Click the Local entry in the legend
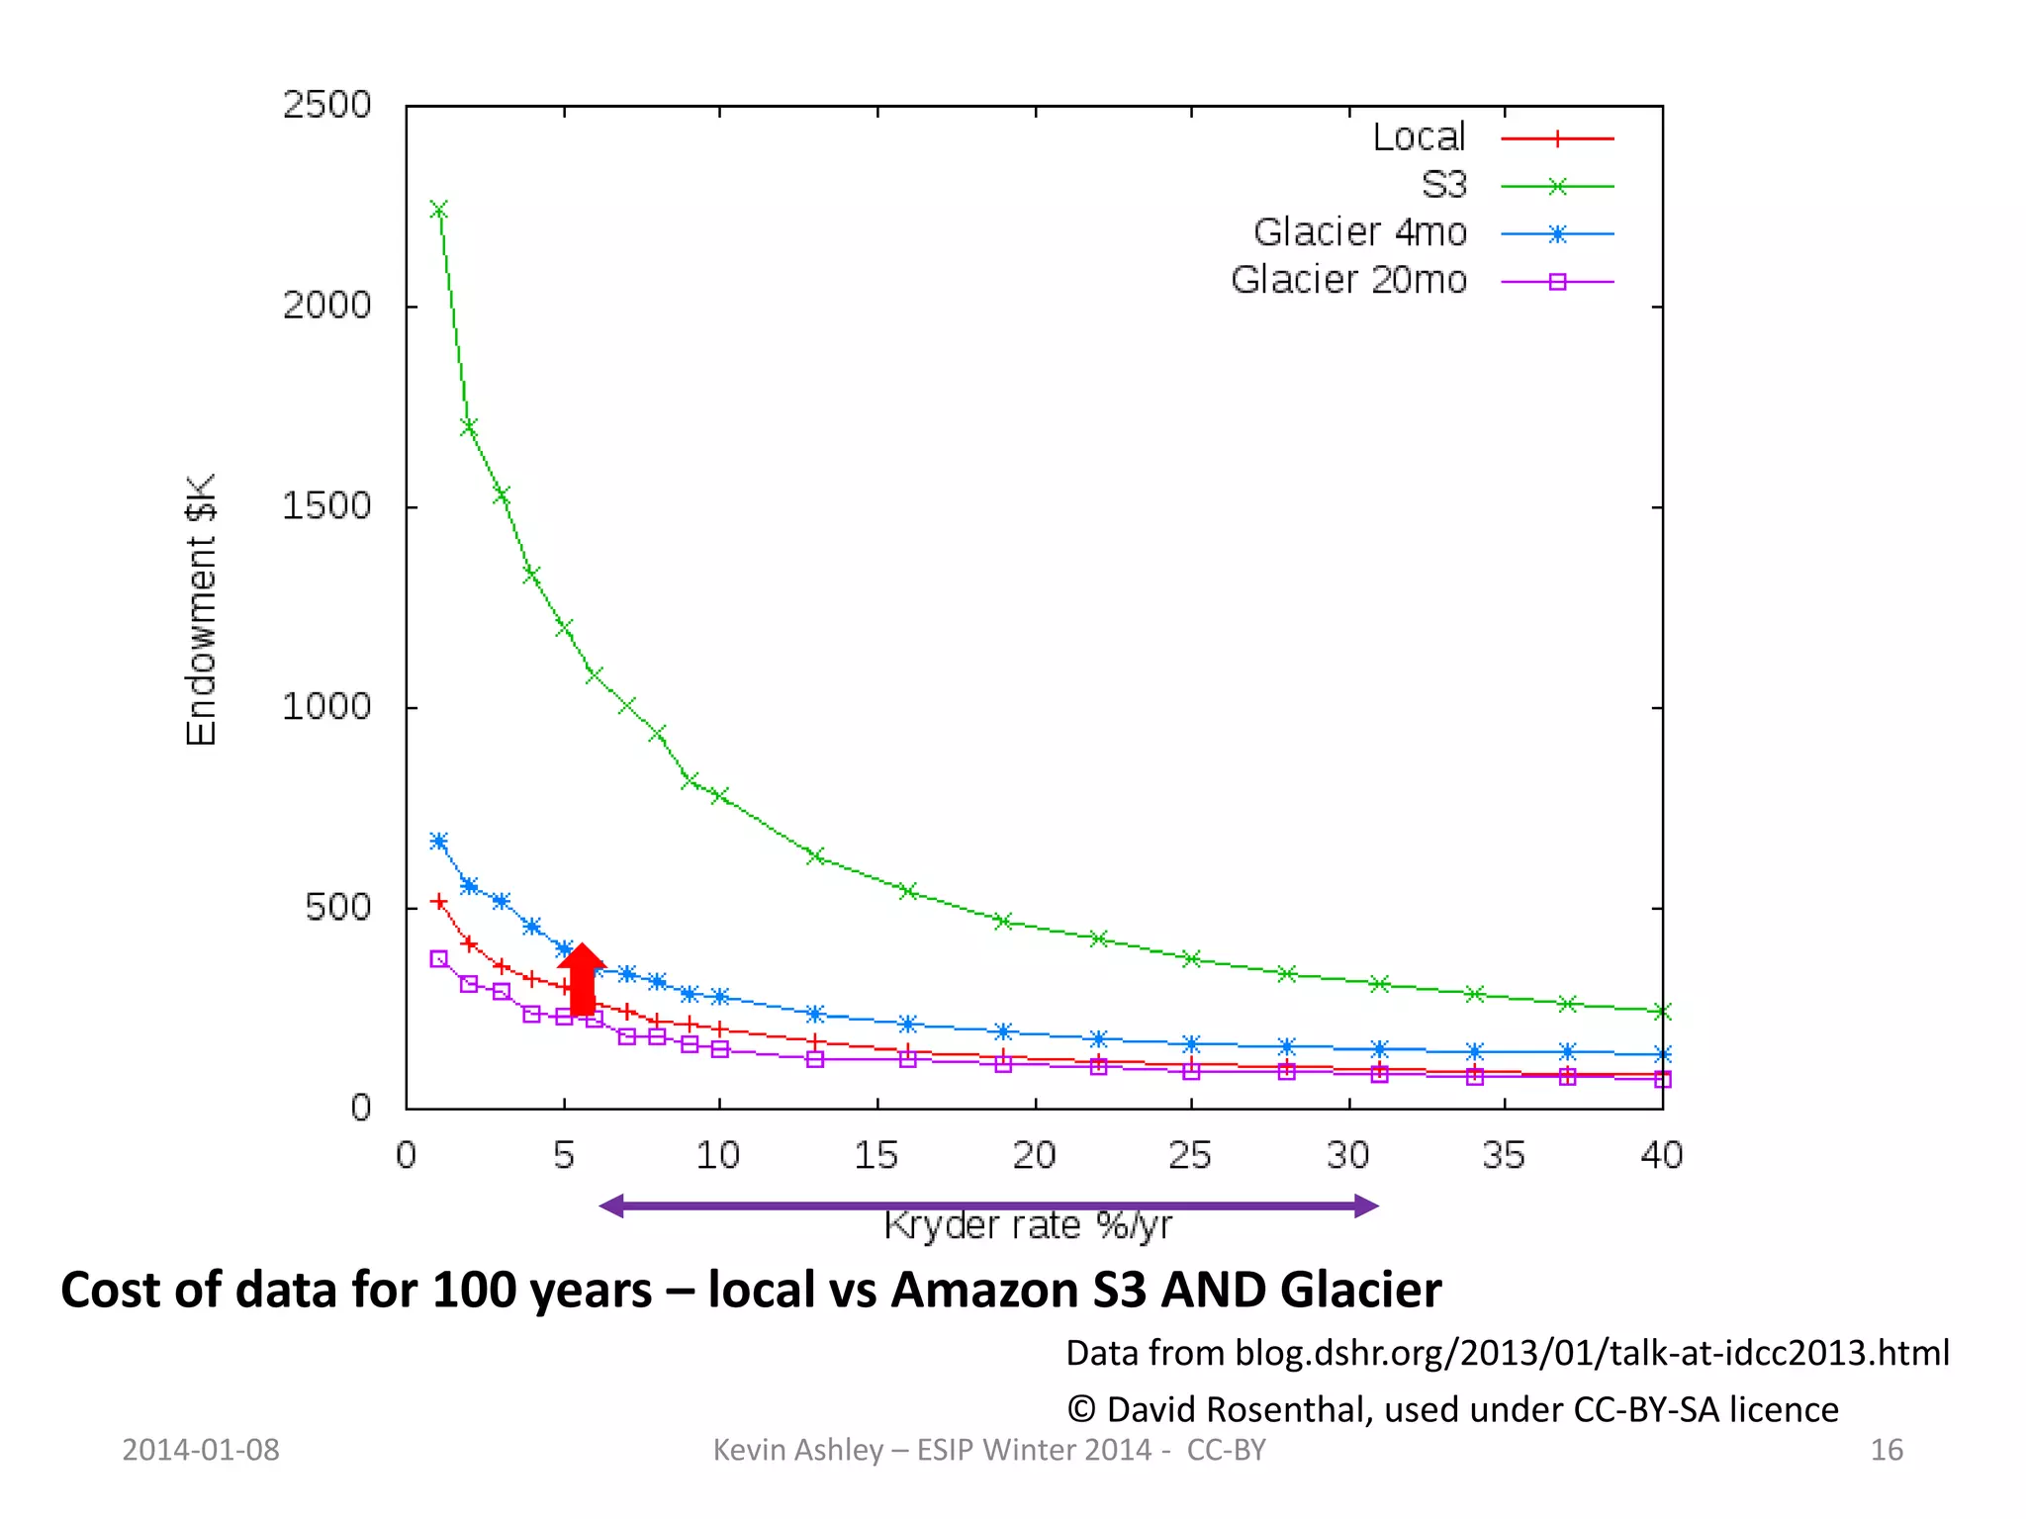pyautogui.click(x=1419, y=137)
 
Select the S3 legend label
pyautogui.click(x=1443, y=185)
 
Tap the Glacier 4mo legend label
pyautogui.click(x=1359, y=232)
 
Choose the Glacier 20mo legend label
pyautogui.click(x=1348, y=280)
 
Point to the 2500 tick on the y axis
pyautogui.click(x=326, y=105)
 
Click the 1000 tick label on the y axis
pyautogui.click(x=326, y=707)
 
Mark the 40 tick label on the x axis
pyautogui.click(x=1661, y=1155)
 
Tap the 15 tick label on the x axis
pyautogui.click(x=875, y=1155)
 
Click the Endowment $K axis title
pyautogui.click(x=201, y=609)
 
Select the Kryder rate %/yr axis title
pyautogui.click(x=1027, y=1226)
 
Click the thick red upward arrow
pyautogui.click(x=582, y=979)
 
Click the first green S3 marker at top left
pyautogui.click(x=438, y=210)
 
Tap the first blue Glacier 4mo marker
pyautogui.click(x=438, y=842)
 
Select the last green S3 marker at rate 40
pyautogui.click(x=1662, y=1011)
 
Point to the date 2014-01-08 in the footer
pyautogui.click(x=201, y=1450)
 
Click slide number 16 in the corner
pyautogui.click(x=1886, y=1450)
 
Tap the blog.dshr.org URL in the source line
pyautogui.click(x=1592, y=1352)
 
